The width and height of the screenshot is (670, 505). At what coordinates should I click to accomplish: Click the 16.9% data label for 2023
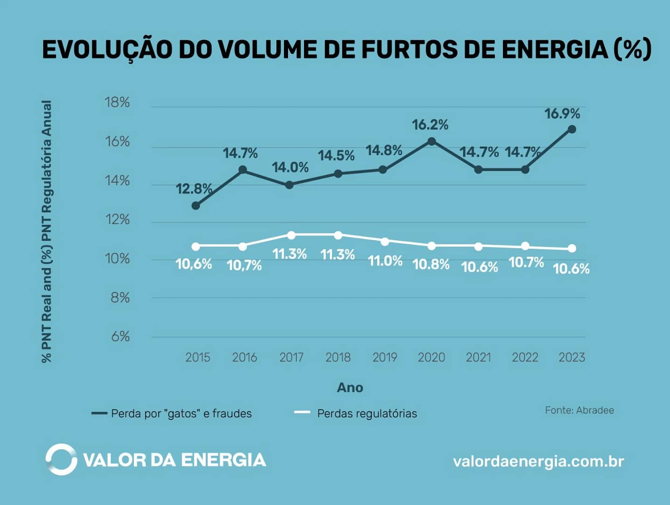pos(562,114)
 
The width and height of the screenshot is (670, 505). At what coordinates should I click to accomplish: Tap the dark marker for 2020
pos(431,141)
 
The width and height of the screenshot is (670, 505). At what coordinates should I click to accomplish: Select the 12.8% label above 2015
pos(194,189)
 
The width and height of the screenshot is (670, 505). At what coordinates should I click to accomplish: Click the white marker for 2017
pos(291,235)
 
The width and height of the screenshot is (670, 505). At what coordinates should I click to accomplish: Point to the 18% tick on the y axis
pos(117,102)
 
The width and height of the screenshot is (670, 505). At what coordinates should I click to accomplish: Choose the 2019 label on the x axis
pos(385,357)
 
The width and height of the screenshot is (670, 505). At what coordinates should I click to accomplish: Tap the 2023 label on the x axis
pos(571,357)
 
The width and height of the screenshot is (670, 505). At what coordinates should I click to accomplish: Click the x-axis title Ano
pos(350,388)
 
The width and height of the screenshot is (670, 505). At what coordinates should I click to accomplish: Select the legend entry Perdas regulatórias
pos(367,413)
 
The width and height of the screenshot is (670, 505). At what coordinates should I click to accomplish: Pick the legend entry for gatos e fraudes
pos(181,413)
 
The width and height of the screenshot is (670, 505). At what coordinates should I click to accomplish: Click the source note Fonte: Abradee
pos(579,410)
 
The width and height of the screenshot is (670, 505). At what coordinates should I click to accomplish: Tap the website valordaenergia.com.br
pos(538,462)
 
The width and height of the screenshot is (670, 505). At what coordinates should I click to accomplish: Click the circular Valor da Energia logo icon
pos(61,460)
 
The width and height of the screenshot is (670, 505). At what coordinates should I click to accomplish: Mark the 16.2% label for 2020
pos(430,125)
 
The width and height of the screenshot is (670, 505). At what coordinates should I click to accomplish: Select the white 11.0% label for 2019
pos(385,261)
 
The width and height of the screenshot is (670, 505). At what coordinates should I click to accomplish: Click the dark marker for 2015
pos(196,206)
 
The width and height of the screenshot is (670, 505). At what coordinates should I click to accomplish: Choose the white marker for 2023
pos(572,249)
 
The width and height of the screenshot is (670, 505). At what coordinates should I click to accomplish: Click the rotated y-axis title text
pos(47,231)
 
